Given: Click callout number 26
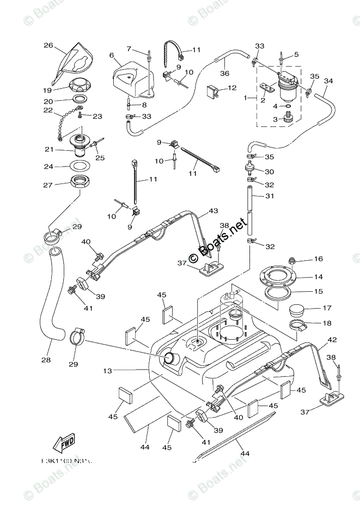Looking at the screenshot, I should tap(48, 46).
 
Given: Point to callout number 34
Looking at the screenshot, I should tap(328, 81).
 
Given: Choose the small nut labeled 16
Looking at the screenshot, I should tap(292, 260).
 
